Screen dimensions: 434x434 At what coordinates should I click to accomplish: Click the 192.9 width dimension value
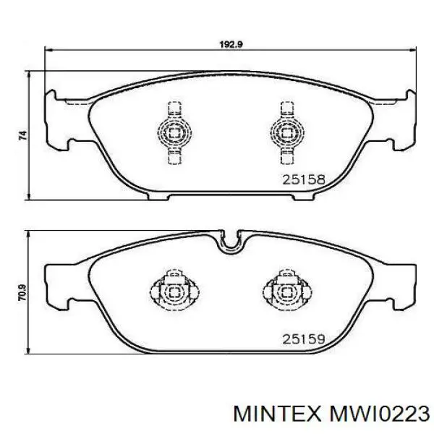coord(231,44)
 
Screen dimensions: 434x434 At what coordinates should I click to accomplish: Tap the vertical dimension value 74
coord(23,135)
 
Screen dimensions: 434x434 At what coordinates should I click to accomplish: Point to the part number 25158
coord(303,179)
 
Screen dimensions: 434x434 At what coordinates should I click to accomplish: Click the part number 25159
coord(303,339)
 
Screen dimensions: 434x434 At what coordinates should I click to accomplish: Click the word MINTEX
coord(277,414)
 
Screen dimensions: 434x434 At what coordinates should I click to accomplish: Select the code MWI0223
coord(378,414)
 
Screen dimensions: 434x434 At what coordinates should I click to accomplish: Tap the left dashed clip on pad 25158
coord(174,133)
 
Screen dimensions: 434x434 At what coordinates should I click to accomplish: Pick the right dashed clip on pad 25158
coord(287,133)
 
